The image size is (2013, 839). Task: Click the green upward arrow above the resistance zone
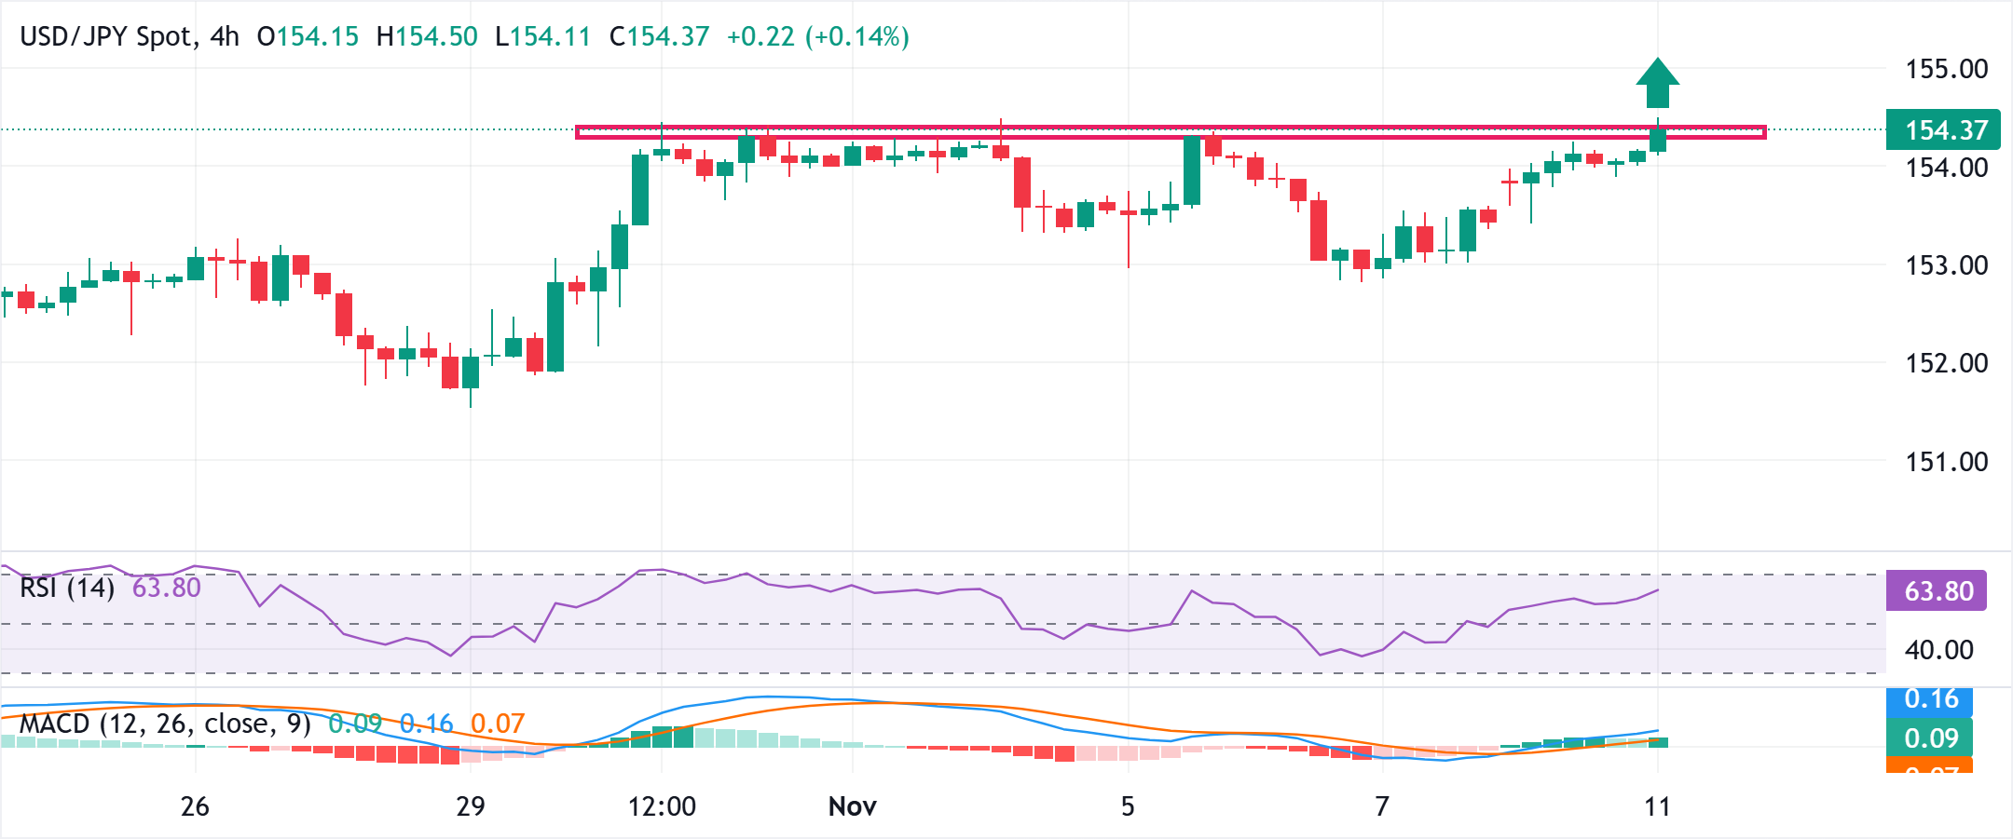1657,83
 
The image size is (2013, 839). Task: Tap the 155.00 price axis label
1946,69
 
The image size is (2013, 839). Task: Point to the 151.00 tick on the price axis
1946,462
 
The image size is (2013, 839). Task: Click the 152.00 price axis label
1946,363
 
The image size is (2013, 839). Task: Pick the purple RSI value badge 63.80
1937,591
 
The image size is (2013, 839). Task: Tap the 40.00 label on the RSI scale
1938,650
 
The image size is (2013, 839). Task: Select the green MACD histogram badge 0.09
1931,738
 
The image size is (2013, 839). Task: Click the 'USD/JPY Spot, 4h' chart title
130,37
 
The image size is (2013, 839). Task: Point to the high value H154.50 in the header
427,37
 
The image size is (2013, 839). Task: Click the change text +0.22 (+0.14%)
817,37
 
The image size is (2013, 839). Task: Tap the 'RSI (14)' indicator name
67,589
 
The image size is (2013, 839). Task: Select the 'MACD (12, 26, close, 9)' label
165,724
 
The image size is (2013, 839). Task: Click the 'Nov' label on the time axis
852,806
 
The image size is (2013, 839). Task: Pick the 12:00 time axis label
662,806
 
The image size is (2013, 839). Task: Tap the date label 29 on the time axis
470,806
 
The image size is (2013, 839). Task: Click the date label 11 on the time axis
1657,806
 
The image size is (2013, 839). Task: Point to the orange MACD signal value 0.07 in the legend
498,724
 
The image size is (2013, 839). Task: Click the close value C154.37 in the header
659,37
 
